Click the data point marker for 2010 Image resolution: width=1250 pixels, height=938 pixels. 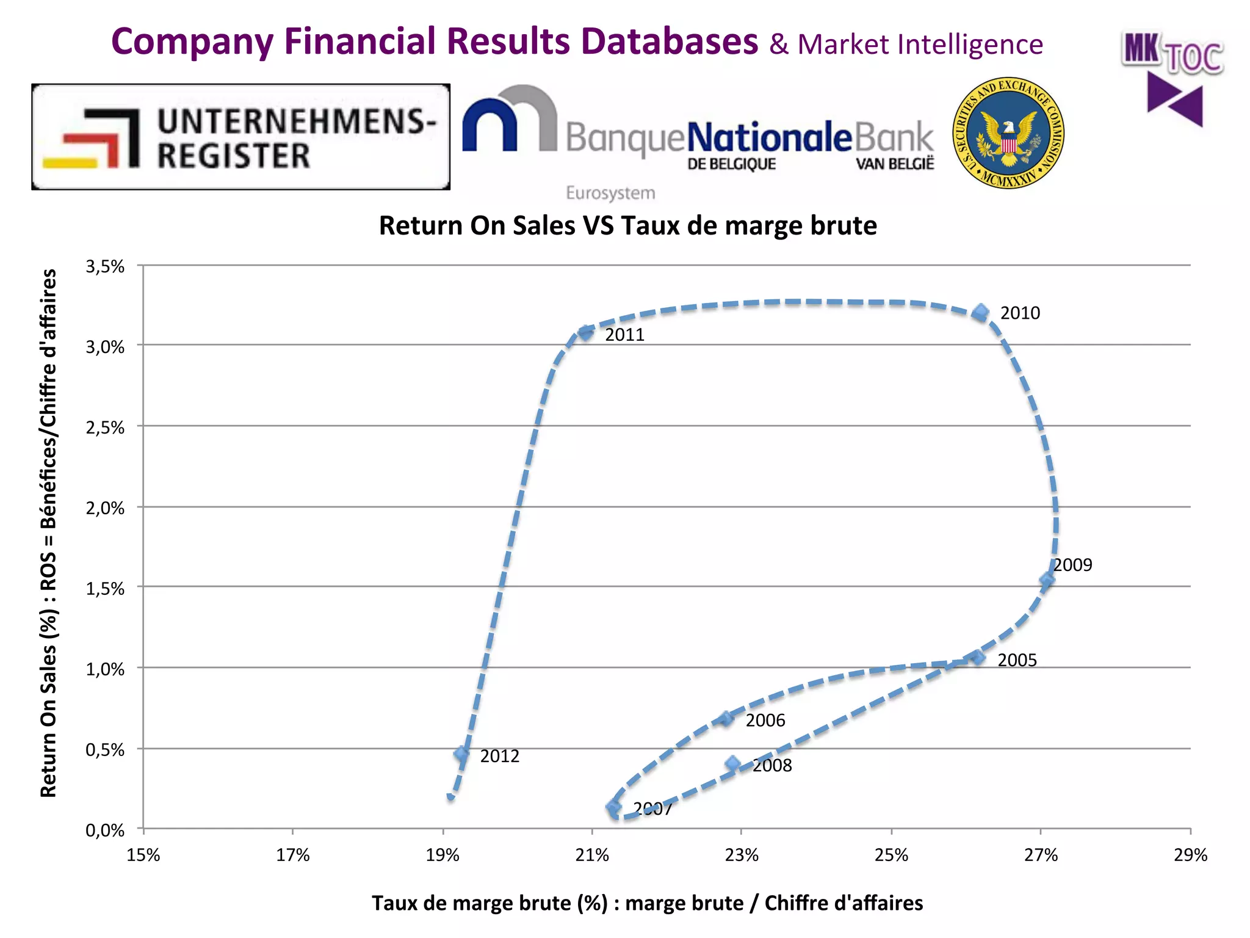click(980, 313)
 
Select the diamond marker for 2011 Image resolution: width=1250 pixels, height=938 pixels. click(585, 333)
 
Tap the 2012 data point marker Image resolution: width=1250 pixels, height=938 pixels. click(461, 755)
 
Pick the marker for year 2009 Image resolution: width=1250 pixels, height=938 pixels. click(1047, 580)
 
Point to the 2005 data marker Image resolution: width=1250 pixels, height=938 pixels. click(978, 658)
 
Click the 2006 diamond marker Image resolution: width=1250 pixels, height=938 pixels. click(726, 719)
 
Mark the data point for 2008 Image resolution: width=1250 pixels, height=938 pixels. click(733, 764)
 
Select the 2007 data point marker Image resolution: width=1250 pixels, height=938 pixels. click(614, 808)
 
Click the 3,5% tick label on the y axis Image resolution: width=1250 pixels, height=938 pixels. click(105, 266)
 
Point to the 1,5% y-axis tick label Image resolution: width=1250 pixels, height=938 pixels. click(105, 589)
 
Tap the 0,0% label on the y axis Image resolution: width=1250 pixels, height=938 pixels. click(105, 831)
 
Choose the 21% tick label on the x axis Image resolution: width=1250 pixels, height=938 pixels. click(592, 855)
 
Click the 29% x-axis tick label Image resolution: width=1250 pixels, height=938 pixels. click(1190, 855)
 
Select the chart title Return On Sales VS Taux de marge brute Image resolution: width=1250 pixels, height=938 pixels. click(627, 226)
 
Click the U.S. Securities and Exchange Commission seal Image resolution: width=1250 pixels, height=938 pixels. click(1008, 133)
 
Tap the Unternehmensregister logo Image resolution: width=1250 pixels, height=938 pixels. click(241, 137)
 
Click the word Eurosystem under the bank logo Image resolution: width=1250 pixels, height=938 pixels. click(610, 193)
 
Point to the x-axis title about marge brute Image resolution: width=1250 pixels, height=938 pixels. click(647, 903)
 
